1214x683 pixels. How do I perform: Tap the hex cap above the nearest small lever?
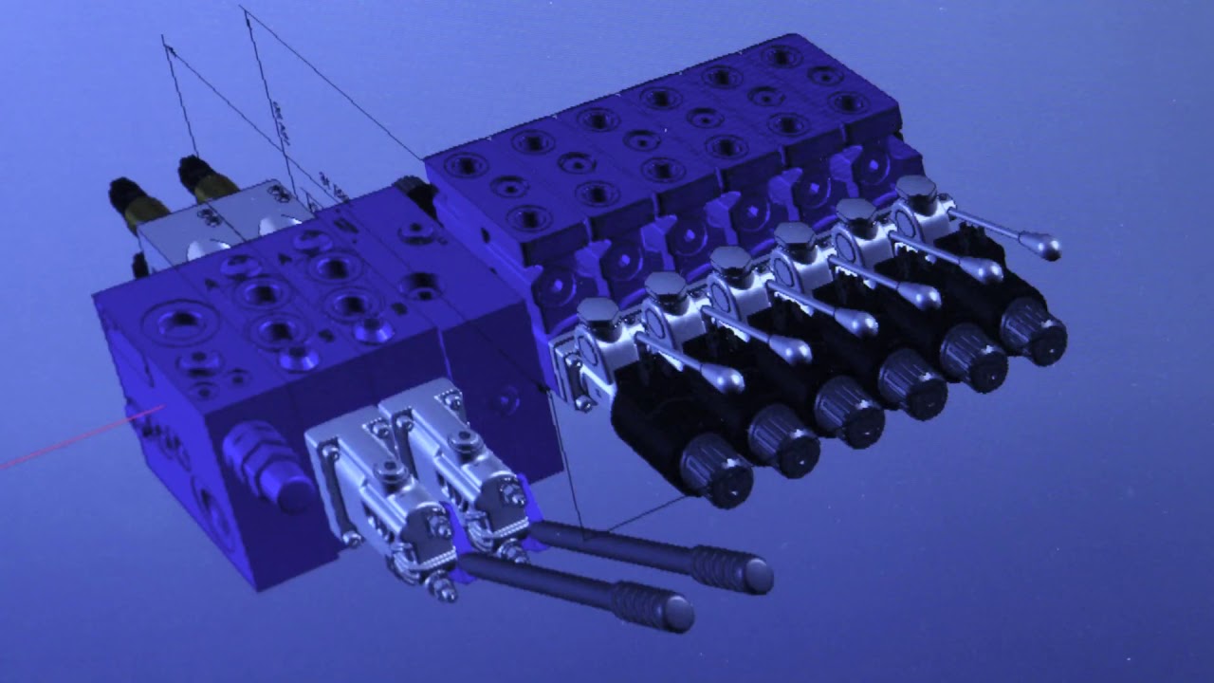(x=599, y=314)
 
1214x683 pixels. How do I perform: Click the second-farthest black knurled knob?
(x=972, y=357)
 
